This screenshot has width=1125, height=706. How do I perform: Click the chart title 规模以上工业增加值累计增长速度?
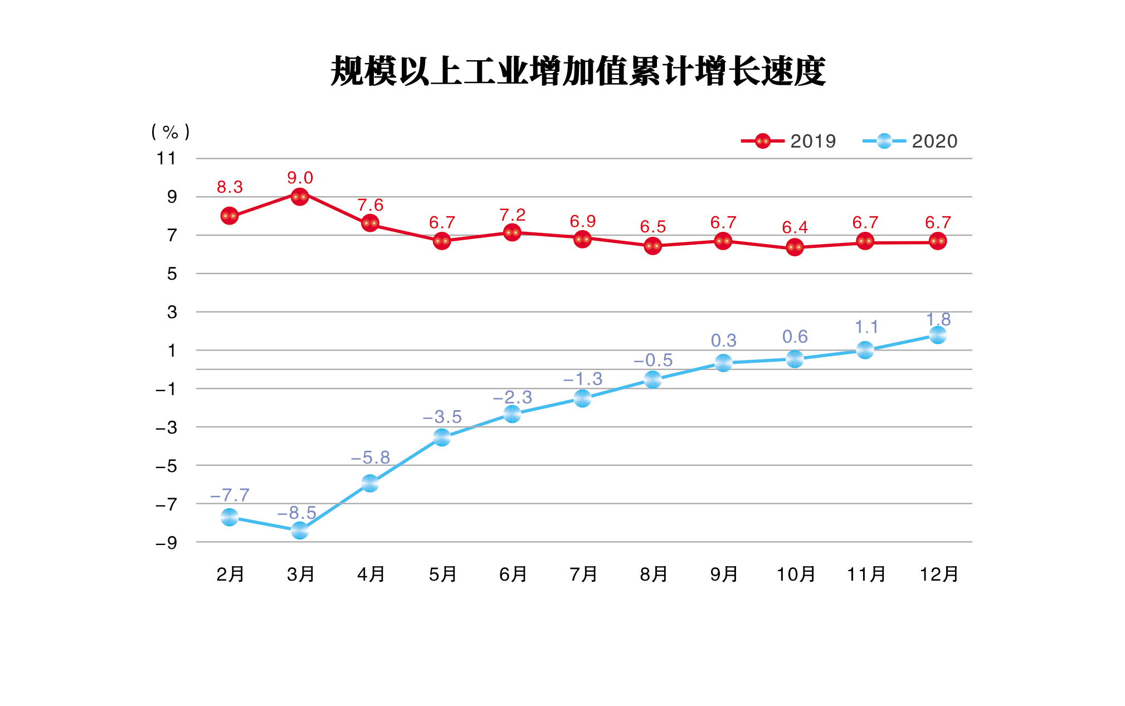[x=578, y=71]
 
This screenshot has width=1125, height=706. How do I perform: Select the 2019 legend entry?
[x=789, y=141]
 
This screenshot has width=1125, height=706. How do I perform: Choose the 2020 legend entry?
[x=910, y=141]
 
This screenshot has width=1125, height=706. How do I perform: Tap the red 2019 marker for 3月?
[x=300, y=196]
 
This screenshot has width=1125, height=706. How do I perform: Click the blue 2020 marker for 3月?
[x=300, y=531]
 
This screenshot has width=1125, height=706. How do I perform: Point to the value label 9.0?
[x=300, y=178]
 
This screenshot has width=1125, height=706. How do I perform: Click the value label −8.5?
[x=296, y=513]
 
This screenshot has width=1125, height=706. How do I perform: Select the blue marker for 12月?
[x=938, y=335]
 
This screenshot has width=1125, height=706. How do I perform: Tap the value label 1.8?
[x=938, y=319]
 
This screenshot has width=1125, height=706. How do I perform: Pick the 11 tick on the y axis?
[x=166, y=158]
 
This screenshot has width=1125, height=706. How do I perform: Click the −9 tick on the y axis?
[x=166, y=543]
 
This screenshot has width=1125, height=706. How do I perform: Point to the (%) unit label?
[x=170, y=132]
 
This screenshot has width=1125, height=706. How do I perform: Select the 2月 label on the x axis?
[x=230, y=574]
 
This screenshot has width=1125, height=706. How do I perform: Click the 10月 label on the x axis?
[x=796, y=574]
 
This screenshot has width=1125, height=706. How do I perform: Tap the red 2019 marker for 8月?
[x=652, y=246]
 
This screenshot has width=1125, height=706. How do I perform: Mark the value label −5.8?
[x=370, y=457]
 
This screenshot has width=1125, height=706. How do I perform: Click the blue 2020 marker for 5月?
[x=442, y=438]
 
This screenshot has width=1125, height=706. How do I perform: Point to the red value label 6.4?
[x=795, y=227]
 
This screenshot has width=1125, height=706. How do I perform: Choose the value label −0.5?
[x=653, y=361]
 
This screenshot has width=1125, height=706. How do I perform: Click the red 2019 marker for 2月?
[x=230, y=216]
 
